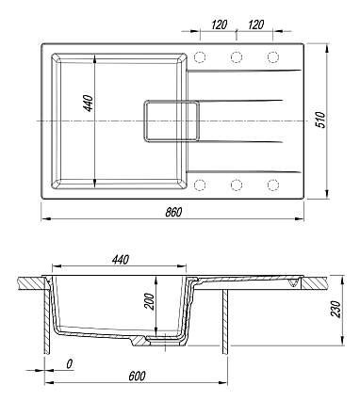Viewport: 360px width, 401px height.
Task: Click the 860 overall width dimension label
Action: click(173, 212)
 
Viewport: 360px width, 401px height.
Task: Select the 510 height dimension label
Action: click(320, 120)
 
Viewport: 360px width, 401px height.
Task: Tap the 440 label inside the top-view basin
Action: click(89, 104)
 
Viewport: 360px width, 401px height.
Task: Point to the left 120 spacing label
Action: click(219, 24)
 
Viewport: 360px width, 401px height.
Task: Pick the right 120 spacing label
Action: click(255, 24)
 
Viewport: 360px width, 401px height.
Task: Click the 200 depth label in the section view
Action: click(150, 301)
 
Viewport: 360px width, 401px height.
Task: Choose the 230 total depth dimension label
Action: click(335, 309)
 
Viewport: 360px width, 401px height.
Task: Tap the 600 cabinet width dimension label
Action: click(137, 376)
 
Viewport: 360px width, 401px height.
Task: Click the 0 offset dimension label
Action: click(70, 363)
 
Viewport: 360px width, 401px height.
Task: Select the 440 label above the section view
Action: click(121, 260)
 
